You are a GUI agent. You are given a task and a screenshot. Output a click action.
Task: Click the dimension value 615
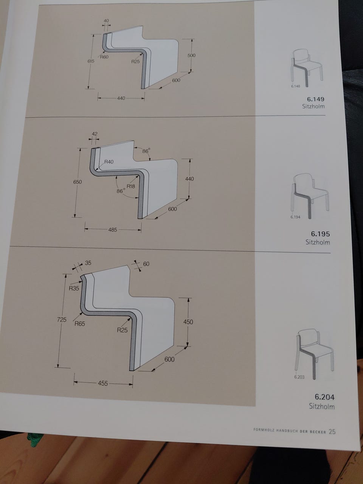[x=91, y=61]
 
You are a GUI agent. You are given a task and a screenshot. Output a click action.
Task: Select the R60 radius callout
[x=104, y=57]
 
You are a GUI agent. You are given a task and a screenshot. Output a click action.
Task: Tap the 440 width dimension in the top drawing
[x=121, y=98]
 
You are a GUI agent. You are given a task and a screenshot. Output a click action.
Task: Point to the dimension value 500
[x=191, y=55]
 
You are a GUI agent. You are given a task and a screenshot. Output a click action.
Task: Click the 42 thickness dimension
[x=95, y=134]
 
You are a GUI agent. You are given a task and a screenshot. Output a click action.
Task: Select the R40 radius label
[x=109, y=162]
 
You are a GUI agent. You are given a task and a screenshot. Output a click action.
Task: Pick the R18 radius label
[x=131, y=186]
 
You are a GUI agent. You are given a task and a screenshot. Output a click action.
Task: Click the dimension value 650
[x=78, y=182]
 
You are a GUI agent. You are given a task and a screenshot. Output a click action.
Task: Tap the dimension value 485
[x=113, y=230]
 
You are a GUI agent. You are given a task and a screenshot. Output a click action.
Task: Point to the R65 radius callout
[x=79, y=324]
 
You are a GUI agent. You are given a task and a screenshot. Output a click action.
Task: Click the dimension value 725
[x=62, y=320]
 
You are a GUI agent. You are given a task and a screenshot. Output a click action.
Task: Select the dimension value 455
[x=103, y=383]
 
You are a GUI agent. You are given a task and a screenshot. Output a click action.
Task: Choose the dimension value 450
[x=188, y=322]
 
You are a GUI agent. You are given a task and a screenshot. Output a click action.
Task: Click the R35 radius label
[x=74, y=288]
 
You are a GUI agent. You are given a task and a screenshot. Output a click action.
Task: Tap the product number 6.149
[x=316, y=99]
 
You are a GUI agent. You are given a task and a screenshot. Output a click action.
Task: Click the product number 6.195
[x=321, y=234]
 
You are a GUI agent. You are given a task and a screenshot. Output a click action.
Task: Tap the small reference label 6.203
[x=299, y=377]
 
